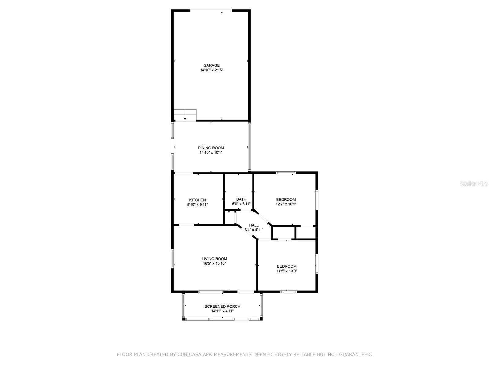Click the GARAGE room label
pyautogui.click(x=211, y=65)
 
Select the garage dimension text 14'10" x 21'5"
pyautogui.click(x=211, y=70)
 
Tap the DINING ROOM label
pyautogui.click(x=211, y=148)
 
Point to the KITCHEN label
pyautogui.click(x=197, y=200)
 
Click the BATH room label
pyautogui.click(x=241, y=199)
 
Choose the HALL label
pyautogui.click(x=254, y=225)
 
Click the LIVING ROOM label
pyautogui.click(x=214, y=259)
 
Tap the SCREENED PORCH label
pyautogui.click(x=222, y=306)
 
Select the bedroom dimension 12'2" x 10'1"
pyautogui.click(x=286, y=204)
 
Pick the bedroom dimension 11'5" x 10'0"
pyautogui.click(x=287, y=271)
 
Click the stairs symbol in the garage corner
pyautogui.click(x=185, y=115)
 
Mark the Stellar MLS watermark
pyautogui.click(x=474, y=183)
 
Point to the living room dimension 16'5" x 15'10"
pyautogui.click(x=214, y=263)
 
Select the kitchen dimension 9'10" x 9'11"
pyautogui.click(x=197, y=205)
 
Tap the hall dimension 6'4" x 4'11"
pyautogui.click(x=254, y=230)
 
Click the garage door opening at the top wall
pyautogui.click(x=211, y=11)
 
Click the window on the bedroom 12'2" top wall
pyautogui.click(x=286, y=173)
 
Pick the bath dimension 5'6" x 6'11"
pyautogui.click(x=241, y=204)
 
